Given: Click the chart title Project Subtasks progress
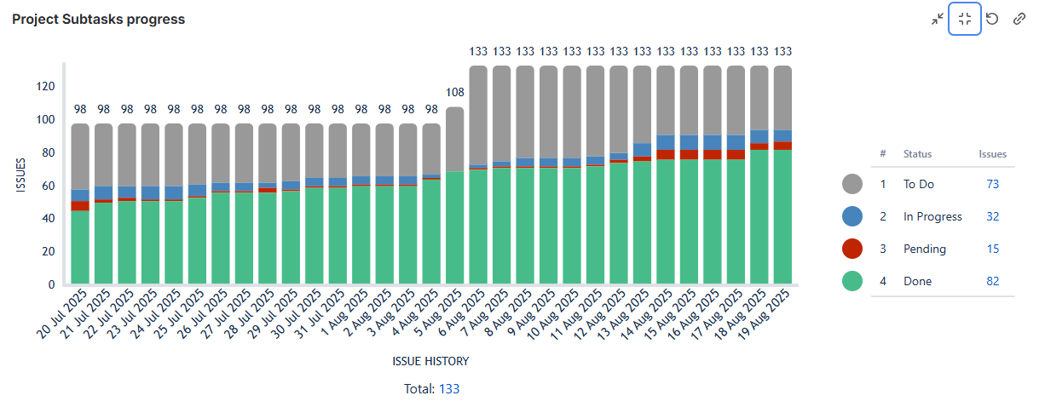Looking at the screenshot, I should [x=98, y=19].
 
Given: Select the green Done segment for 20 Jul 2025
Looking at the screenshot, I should [x=80, y=247].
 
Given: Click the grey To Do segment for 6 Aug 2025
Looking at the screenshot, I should [x=478, y=115].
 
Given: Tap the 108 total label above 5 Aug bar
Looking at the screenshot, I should [x=455, y=92].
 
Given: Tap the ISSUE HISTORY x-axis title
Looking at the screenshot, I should [x=430, y=361].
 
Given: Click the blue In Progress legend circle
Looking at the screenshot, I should [x=852, y=216].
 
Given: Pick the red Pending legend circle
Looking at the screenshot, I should [x=852, y=249].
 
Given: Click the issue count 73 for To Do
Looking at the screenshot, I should [x=992, y=184].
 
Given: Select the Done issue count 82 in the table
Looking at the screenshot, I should [x=992, y=281].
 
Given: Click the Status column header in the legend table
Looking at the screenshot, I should [x=917, y=154].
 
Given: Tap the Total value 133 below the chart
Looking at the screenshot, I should [x=449, y=388].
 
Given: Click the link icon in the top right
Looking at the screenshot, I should [x=1019, y=19].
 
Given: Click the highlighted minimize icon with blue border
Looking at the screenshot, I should [x=965, y=19].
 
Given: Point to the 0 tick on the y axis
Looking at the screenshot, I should [x=52, y=284].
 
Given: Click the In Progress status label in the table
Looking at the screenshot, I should [x=932, y=216].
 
